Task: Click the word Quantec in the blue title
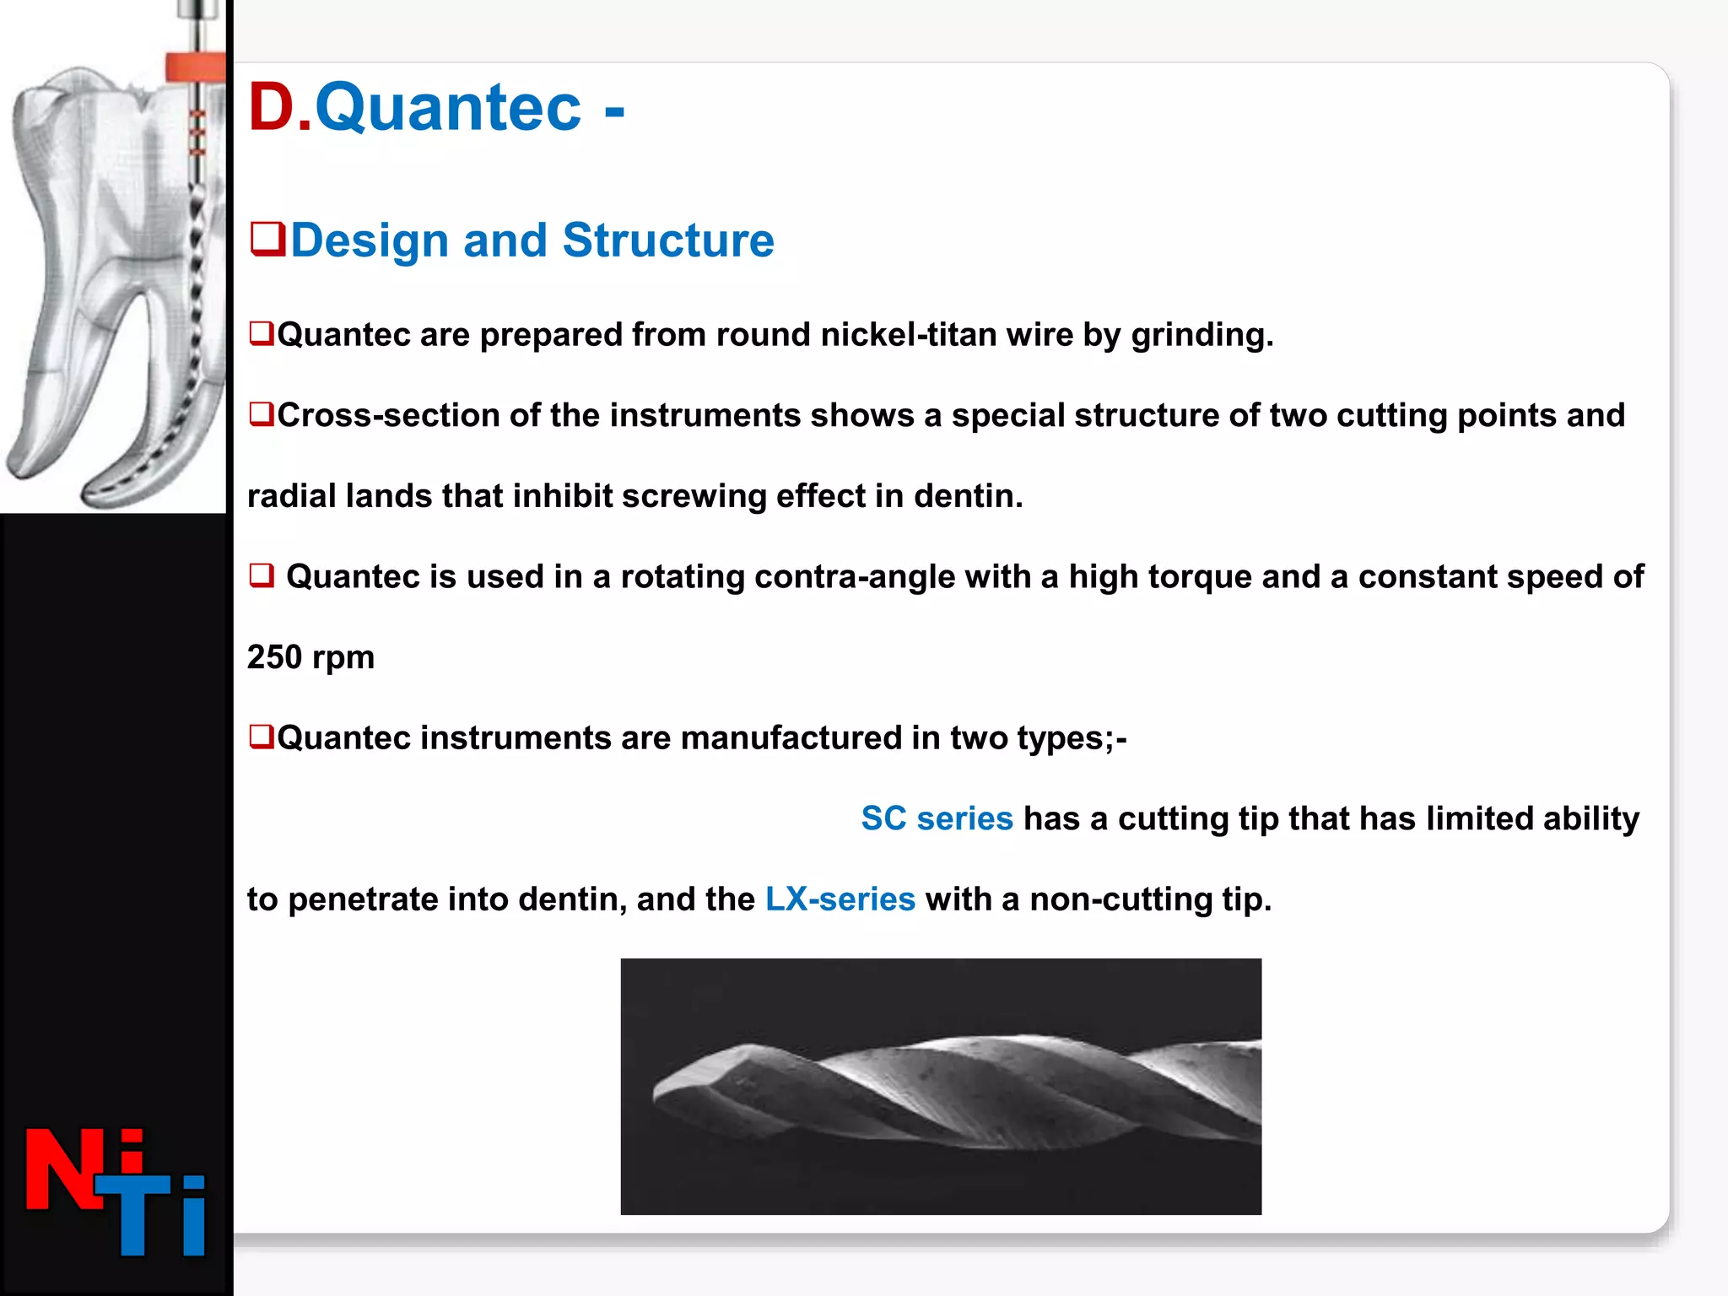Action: point(448,108)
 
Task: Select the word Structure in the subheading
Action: point(667,240)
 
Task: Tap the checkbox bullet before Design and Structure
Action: point(267,239)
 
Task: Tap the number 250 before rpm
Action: point(274,657)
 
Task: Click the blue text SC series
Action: point(937,818)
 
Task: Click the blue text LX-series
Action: point(840,899)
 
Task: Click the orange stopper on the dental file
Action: point(195,67)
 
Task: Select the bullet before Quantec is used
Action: point(262,576)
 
